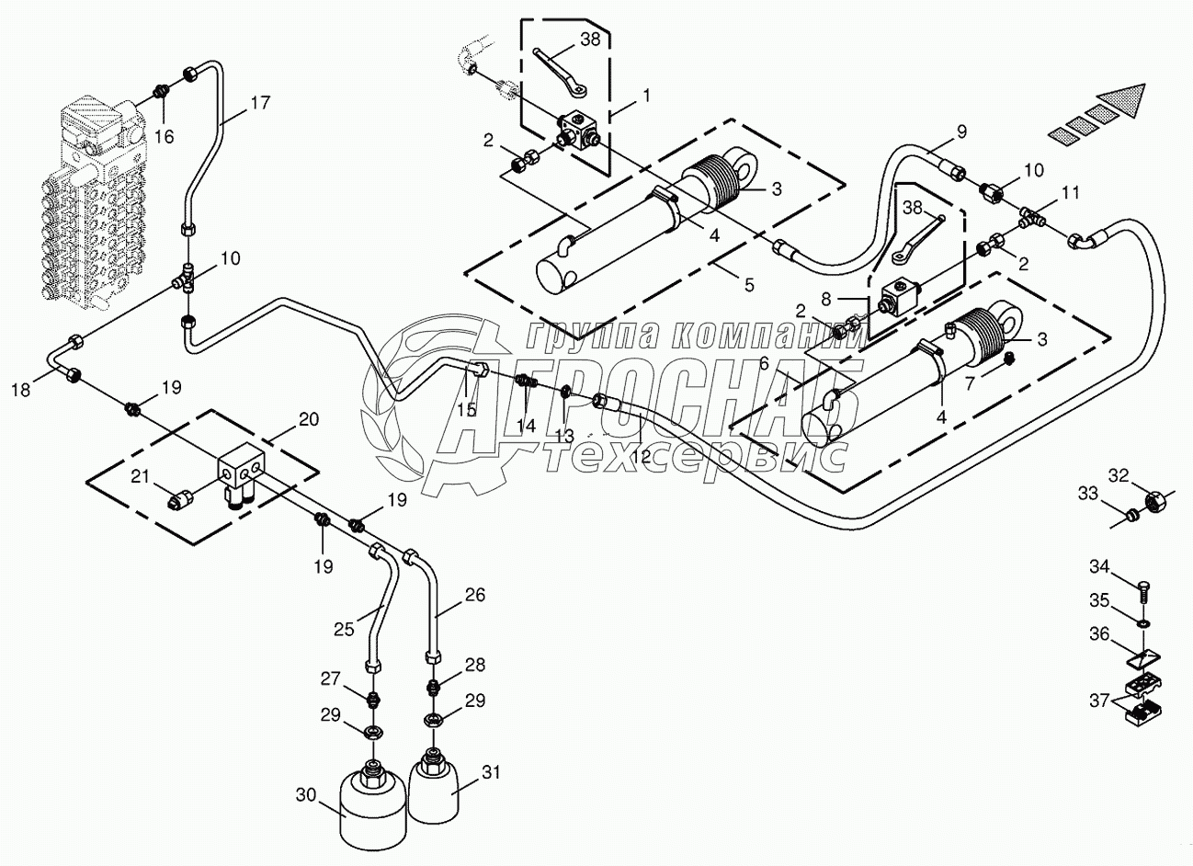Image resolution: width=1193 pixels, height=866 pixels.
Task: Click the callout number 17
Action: coord(260,103)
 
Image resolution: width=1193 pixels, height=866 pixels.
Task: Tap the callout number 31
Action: coord(493,773)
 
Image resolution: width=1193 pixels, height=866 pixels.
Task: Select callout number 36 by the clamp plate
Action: coord(1100,633)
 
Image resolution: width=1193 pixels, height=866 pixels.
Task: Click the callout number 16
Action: coord(164,136)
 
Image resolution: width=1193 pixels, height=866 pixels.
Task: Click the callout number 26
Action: coord(474,594)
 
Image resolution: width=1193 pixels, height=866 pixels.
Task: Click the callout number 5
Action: coord(749,284)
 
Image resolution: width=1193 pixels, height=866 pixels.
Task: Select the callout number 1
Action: coord(646,95)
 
